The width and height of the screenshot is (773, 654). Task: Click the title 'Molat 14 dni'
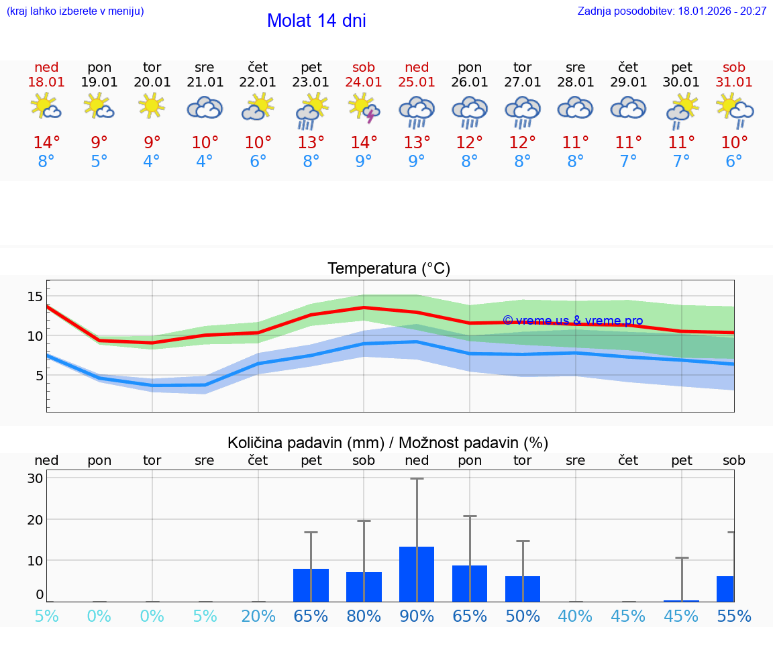tap(316, 21)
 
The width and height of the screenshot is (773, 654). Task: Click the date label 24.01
tap(364, 83)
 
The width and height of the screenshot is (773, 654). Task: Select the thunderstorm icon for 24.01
tap(364, 109)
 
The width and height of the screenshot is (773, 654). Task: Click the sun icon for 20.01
tap(152, 105)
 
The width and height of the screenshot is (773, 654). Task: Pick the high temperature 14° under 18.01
tap(46, 143)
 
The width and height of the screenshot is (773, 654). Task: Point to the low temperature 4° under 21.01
tap(205, 162)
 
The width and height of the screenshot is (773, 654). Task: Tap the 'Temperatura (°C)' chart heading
tap(389, 269)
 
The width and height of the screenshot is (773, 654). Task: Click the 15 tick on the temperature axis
tap(36, 296)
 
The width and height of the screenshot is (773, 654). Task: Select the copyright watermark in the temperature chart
tap(572, 321)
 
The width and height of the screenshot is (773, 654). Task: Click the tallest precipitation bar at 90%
tap(417, 574)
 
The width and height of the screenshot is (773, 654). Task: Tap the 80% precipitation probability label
tap(364, 616)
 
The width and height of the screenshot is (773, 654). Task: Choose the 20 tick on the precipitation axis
tap(36, 519)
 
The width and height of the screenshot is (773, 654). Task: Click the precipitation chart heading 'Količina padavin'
tap(388, 443)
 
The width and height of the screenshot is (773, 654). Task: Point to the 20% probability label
tap(258, 616)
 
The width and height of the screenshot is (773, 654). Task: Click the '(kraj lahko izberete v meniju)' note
tap(75, 11)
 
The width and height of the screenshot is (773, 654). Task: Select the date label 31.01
tap(734, 83)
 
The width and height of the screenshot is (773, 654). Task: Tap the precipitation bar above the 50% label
tap(523, 589)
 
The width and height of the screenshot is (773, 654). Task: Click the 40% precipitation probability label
tap(575, 616)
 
